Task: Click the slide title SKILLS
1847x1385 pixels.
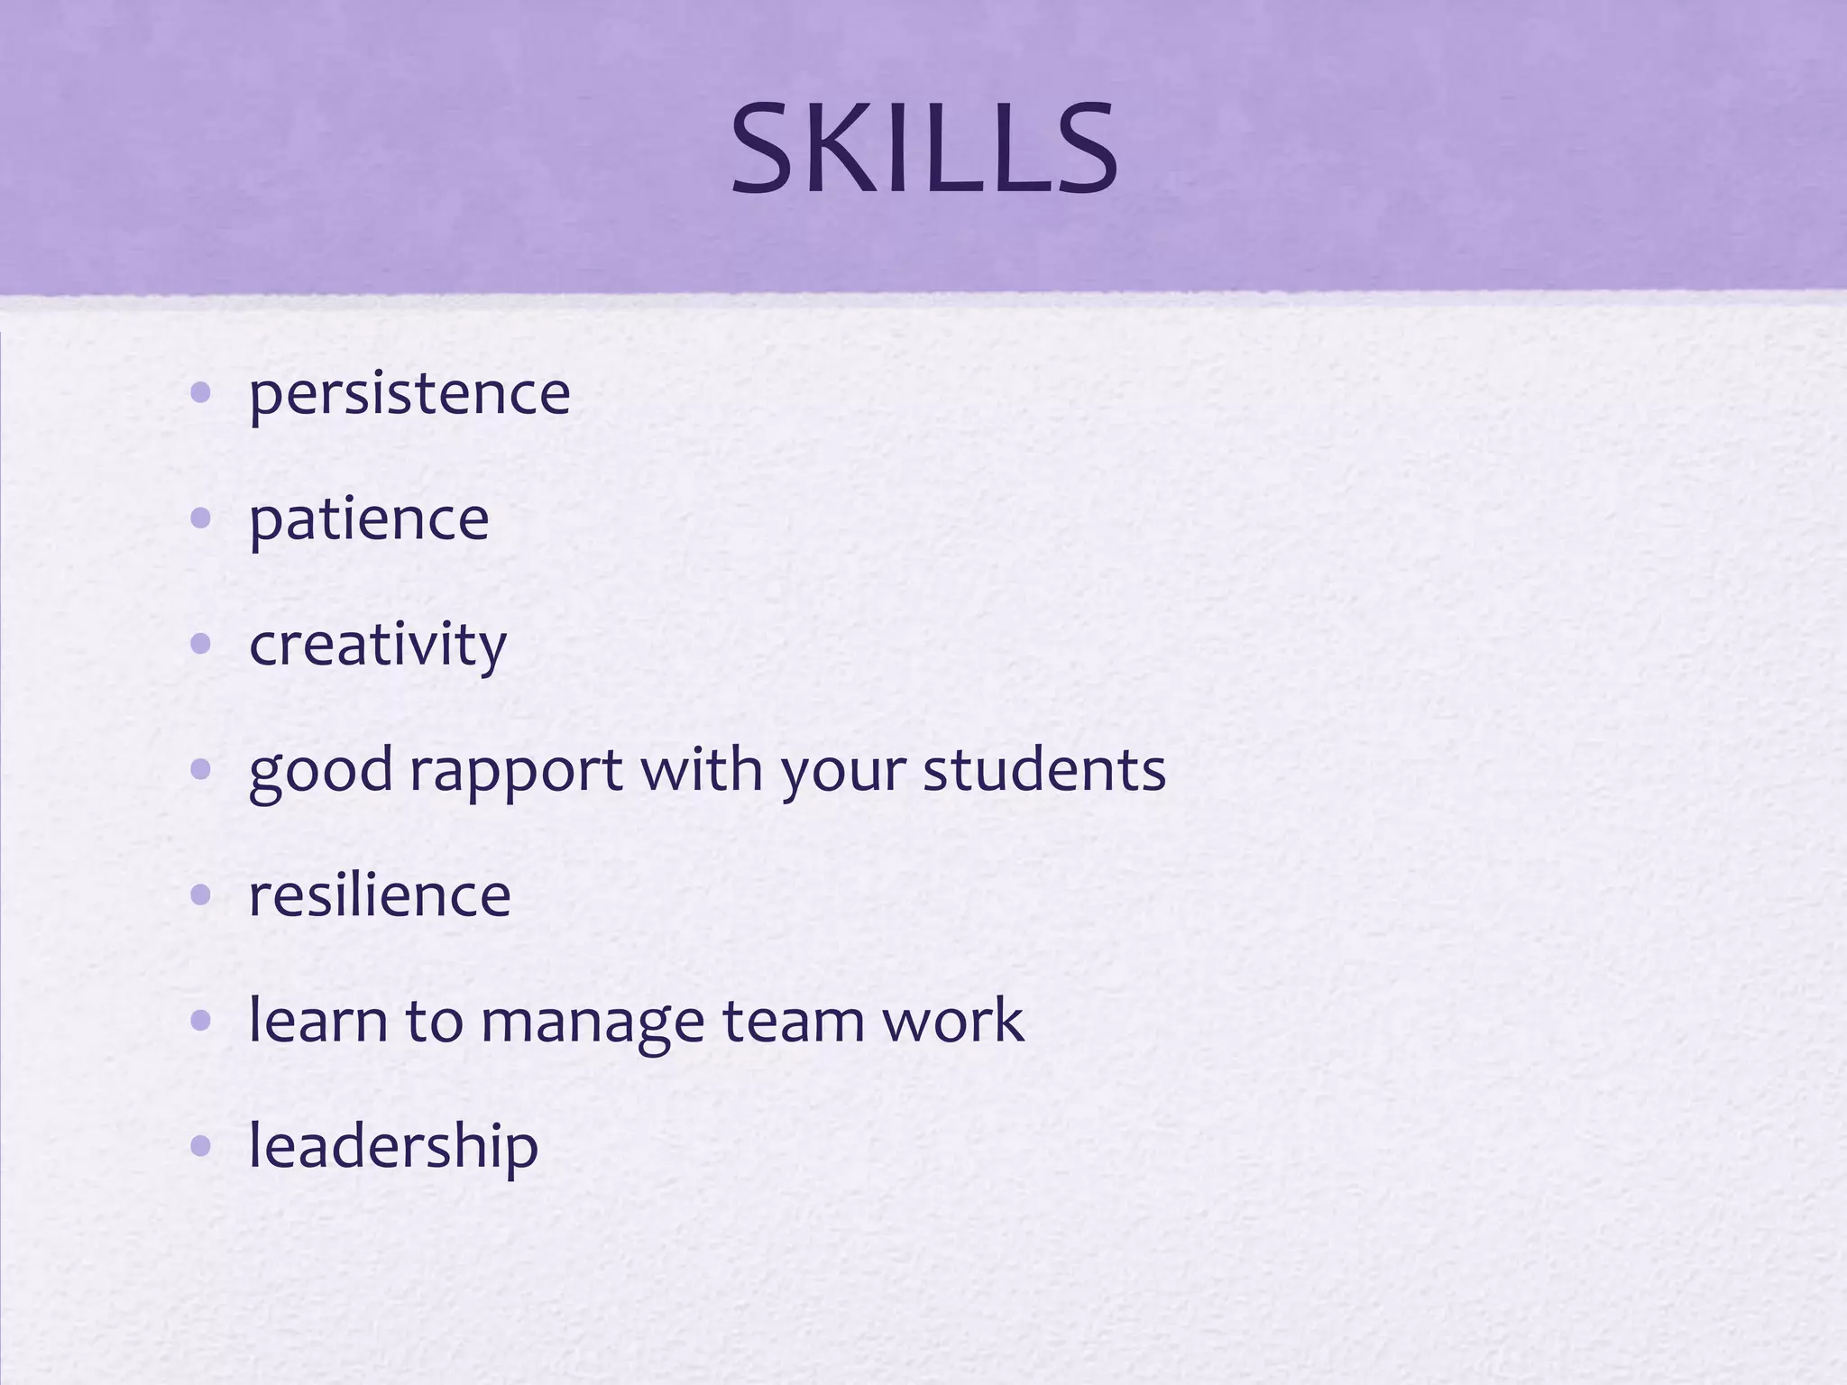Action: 923,150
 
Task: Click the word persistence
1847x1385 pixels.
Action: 409,394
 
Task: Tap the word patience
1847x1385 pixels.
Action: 369,519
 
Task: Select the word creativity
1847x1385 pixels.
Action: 378,645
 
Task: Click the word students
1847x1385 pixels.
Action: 1043,771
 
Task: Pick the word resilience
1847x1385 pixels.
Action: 380,895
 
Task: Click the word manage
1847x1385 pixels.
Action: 592,1022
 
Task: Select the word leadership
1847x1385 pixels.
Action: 393,1146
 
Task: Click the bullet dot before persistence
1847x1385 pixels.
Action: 201,393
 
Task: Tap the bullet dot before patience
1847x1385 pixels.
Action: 201,518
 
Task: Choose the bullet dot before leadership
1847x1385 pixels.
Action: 201,1146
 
